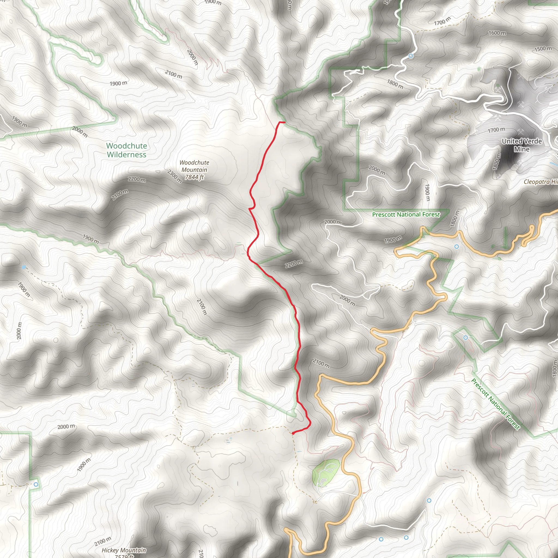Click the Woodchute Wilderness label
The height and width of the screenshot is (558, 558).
126,150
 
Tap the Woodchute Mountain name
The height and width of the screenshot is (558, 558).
194,166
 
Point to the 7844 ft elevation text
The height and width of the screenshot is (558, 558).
194,177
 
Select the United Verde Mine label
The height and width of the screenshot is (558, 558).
521,145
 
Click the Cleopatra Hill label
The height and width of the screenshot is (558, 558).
540,182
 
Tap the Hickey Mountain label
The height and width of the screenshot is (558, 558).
124,550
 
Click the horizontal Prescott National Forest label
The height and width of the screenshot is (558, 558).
406,214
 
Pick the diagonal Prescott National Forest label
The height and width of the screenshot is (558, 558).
496,404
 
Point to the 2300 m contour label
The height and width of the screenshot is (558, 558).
174,177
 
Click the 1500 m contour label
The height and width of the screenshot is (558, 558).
543,49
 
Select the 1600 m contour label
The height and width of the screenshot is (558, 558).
497,33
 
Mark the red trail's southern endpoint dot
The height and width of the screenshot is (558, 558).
293,433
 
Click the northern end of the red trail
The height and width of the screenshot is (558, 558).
284,122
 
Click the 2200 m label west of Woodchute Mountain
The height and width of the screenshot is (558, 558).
137,179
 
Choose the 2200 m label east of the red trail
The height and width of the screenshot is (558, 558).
294,263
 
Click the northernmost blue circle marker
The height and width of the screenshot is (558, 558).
411,56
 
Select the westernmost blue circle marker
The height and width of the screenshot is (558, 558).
36,484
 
